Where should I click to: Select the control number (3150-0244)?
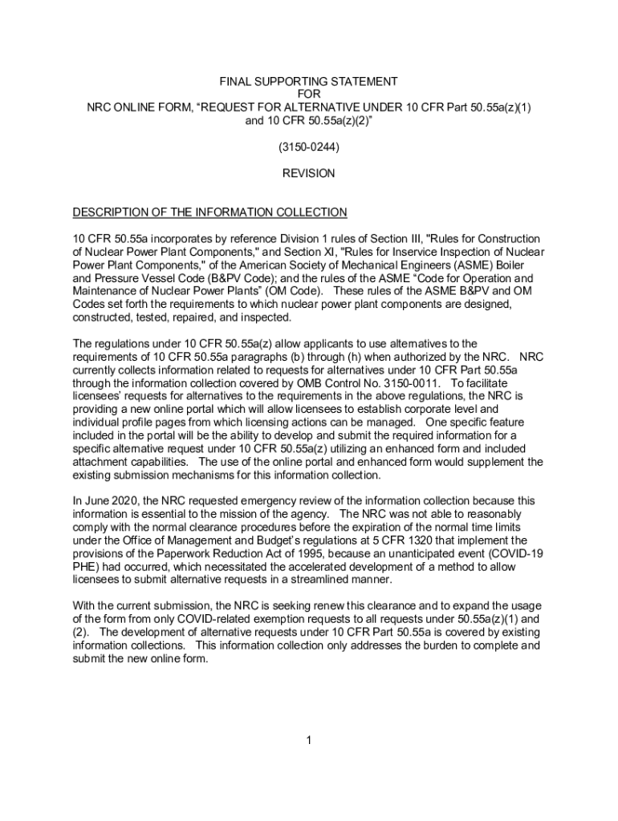pyautogui.click(x=309, y=148)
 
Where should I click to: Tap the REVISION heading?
pyautogui.click(x=309, y=173)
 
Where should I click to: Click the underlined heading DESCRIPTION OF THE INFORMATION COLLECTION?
pyautogui.click(x=209, y=212)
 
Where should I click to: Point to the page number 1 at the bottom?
pyautogui.click(x=308, y=739)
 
